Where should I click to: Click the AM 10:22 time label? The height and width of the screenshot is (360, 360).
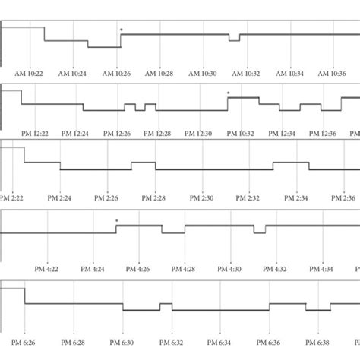(x=30, y=74)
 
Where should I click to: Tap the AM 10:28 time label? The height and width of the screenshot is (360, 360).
(x=160, y=74)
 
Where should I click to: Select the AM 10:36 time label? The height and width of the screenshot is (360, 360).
(x=333, y=74)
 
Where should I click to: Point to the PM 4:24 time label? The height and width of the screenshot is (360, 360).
(x=93, y=269)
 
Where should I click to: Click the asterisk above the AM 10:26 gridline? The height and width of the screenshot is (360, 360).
(x=121, y=30)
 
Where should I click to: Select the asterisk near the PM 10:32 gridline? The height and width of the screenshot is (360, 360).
(x=228, y=93)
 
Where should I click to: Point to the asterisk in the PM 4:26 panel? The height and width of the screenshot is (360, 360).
(x=116, y=221)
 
